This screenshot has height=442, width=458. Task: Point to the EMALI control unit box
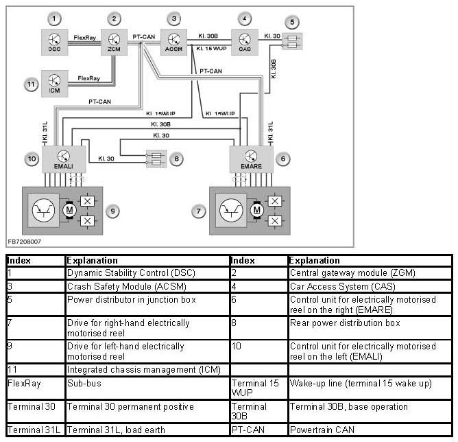pos(64,160)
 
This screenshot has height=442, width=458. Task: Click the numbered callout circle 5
pos(293,22)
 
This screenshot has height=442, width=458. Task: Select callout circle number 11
pos(30,84)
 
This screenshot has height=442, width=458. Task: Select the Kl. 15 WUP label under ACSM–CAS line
pos(210,49)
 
